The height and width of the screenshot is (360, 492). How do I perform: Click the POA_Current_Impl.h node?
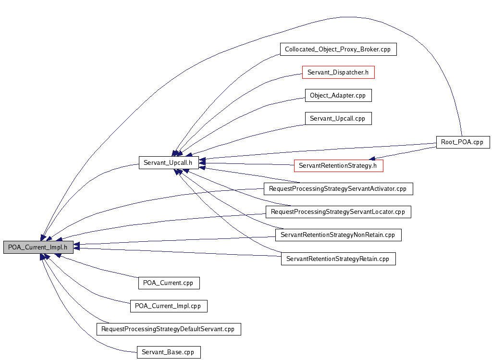pyautogui.click(x=38, y=247)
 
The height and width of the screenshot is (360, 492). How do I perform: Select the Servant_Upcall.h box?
pyautogui.click(x=168, y=162)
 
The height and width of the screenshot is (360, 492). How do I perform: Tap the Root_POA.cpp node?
pyautogui.click(x=463, y=142)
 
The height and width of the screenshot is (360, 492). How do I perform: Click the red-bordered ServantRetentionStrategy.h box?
pyautogui.click(x=338, y=166)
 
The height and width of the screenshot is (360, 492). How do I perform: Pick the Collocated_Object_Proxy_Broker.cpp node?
pyautogui.click(x=338, y=49)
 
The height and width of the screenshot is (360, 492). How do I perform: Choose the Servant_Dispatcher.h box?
pyautogui.click(x=338, y=72)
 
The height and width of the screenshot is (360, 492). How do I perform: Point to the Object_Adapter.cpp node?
pyautogui.click(x=338, y=95)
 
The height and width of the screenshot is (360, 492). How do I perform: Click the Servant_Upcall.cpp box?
pyautogui.click(x=338, y=118)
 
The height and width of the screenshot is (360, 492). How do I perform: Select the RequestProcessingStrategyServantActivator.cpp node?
pyautogui.click(x=338, y=188)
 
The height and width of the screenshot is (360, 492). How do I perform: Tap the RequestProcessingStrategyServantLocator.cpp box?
pyautogui.click(x=338, y=211)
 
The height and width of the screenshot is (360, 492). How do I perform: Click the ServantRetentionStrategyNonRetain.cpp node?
pyautogui.click(x=338, y=235)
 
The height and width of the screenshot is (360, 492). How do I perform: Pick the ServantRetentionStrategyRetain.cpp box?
pyautogui.click(x=338, y=259)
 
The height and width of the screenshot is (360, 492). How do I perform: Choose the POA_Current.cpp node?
pyautogui.click(x=168, y=283)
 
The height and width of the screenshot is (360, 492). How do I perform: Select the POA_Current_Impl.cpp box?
pyautogui.click(x=168, y=306)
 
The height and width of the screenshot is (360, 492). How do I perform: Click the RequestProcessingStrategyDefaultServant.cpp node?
pyautogui.click(x=168, y=329)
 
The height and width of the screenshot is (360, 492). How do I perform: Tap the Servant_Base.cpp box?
pyautogui.click(x=168, y=352)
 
